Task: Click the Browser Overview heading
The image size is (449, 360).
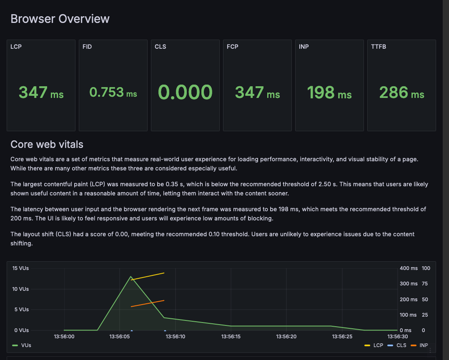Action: point(60,19)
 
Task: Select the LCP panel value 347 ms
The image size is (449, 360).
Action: point(41,92)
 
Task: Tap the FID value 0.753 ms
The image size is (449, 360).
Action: point(113,92)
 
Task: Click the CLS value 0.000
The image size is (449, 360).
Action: point(185,92)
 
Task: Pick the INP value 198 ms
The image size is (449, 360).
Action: point(329,92)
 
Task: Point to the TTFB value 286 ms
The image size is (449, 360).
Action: point(401,92)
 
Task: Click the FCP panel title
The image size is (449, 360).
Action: point(233,47)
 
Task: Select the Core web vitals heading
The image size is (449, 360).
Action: point(47,145)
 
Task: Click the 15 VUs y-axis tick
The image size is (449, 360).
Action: point(20,268)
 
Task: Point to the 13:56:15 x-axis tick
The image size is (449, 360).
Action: point(231,336)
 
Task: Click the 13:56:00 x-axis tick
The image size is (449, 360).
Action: point(65,336)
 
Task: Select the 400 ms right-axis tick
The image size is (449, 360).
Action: point(409,268)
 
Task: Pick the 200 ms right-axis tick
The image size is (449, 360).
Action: point(409,300)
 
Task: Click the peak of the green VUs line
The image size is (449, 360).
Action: point(131,277)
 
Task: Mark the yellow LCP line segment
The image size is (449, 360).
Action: point(148,276)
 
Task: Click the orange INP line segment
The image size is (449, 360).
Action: point(148,303)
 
